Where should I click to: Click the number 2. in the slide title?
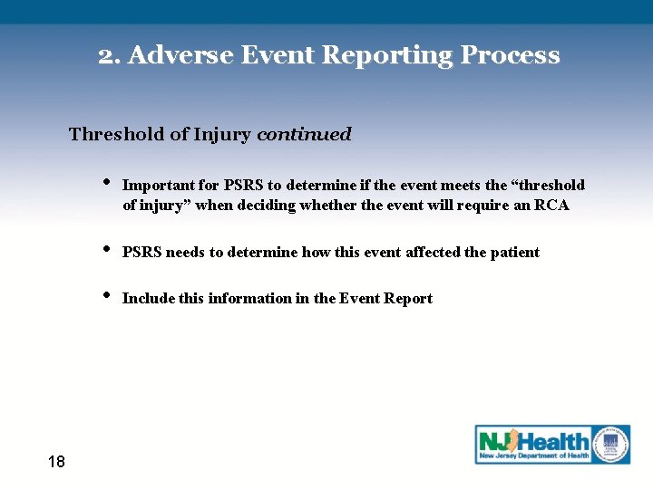[x=110, y=56]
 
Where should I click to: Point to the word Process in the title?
[x=510, y=56]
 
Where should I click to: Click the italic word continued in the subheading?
[x=304, y=135]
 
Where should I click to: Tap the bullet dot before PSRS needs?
[x=106, y=247]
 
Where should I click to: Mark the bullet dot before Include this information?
[x=106, y=293]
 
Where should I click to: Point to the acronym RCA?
[x=551, y=206]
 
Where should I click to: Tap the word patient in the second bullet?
[x=515, y=253]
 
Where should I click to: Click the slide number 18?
[x=55, y=463]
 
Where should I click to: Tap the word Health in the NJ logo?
[x=552, y=442]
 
